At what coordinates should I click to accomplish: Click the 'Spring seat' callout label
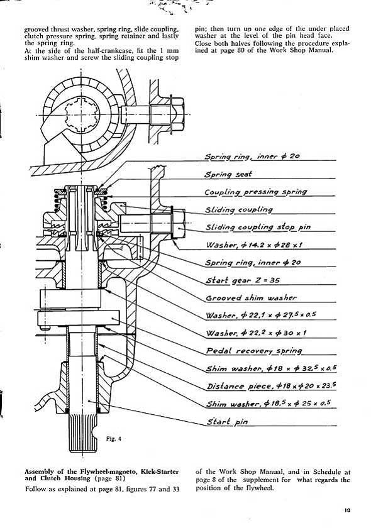click(228, 175)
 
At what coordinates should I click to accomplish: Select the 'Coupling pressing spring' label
click(256, 192)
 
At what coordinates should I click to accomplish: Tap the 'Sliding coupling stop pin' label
click(258, 227)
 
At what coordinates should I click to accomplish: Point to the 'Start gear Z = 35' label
click(243, 280)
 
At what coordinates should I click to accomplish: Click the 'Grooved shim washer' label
click(251, 298)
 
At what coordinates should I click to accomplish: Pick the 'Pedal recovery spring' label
click(254, 351)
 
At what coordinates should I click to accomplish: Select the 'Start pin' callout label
click(227, 422)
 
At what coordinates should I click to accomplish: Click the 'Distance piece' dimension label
click(272, 386)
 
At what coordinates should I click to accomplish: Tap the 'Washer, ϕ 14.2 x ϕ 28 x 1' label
click(254, 245)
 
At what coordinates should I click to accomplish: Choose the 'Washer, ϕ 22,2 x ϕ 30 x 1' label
click(256, 333)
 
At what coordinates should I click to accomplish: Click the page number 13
click(347, 510)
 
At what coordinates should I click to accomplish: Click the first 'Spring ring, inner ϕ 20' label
click(252, 157)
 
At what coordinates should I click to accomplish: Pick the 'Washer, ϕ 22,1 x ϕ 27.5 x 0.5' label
click(261, 315)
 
